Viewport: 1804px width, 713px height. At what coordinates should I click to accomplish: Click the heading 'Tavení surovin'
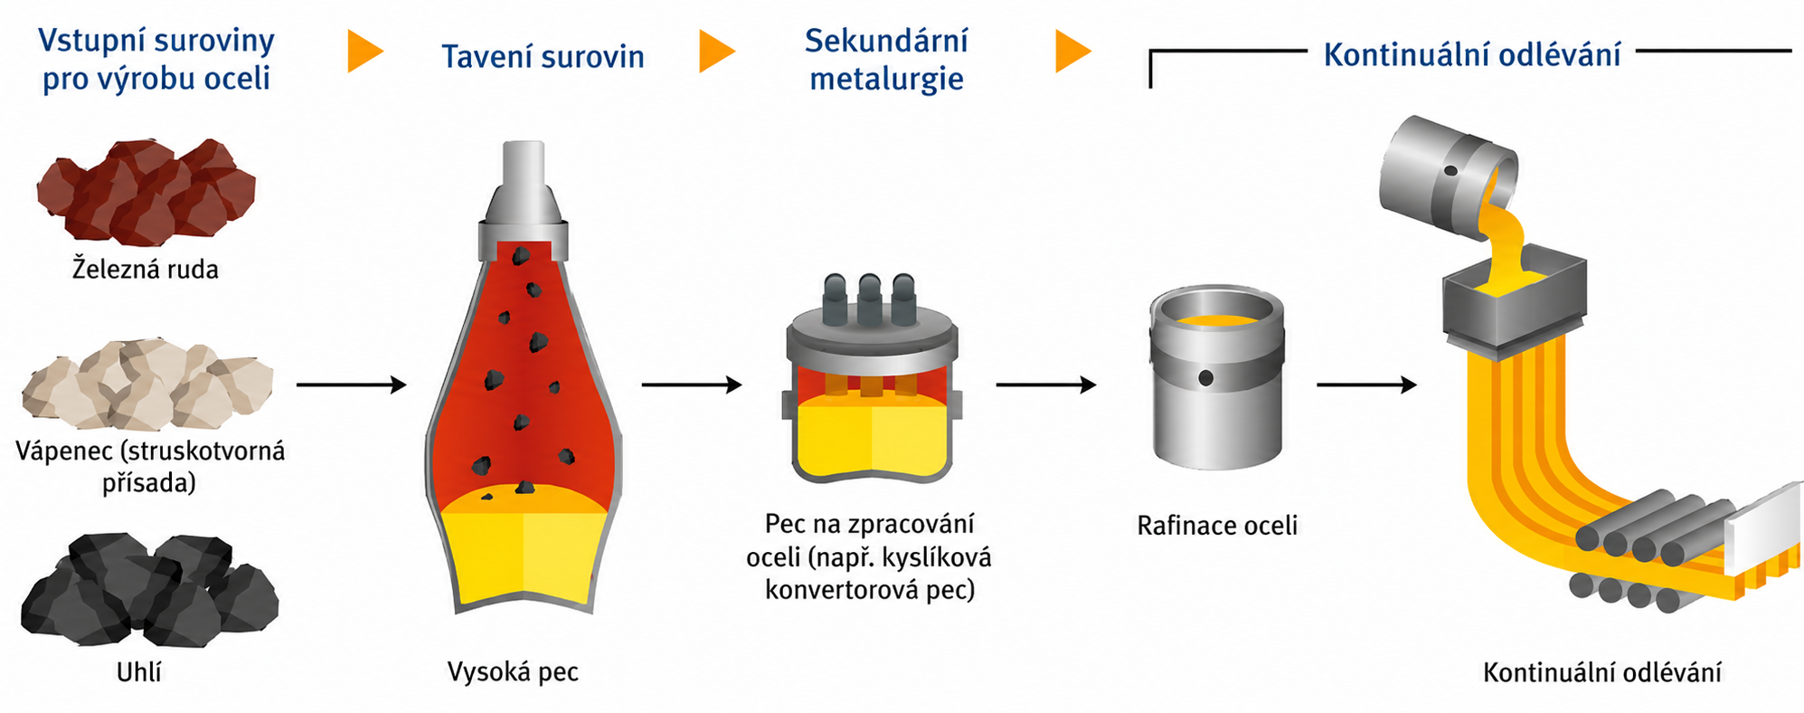(x=543, y=57)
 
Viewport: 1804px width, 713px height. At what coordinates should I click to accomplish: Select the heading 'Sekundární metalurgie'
(x=886, y=60)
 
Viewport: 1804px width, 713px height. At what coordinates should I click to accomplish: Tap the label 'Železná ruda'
(x=146, y=269)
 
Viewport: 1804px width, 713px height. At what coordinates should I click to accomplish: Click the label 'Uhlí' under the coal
(x=139, y=672)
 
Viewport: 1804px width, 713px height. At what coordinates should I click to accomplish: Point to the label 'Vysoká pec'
(x=513, y=672)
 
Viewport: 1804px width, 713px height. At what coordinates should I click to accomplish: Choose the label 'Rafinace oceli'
(x=1217, y=526)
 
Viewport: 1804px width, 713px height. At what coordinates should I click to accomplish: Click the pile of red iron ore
(x=146, y=192)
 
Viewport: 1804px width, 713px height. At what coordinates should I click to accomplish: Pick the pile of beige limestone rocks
(x=147, y=384)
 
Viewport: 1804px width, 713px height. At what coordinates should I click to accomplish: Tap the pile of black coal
(x=149, y=590)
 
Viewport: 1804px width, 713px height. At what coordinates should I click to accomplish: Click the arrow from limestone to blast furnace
(x=352, y=385)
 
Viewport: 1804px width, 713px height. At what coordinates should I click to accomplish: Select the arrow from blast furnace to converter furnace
(x=692, y=385)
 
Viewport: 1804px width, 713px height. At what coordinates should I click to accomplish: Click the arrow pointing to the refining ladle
(x=1046, y=385)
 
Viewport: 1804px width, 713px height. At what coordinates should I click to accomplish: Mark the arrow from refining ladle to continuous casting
(x=1366, y=385)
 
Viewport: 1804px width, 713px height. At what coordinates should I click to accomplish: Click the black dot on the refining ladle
(x=1205, y=378)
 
